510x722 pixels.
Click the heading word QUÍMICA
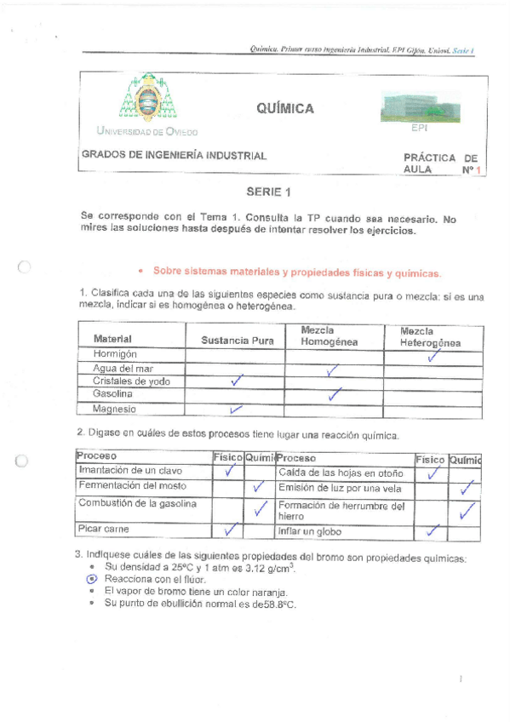pyautogui.click(x=284, y=108)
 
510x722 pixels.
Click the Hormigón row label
pyautogui.click(x=117, y=353)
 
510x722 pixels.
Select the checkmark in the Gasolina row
pyautogui.click(x=335, y=393)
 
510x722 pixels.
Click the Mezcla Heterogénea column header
pyautogui.click(x=430, y=336)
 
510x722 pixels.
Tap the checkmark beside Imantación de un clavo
pyautogui.click(x=228, y=470)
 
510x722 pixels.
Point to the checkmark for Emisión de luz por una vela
pyautogui.click(x=465, y=489)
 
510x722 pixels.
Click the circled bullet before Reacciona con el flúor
pyautogui.click(x=93, y=578)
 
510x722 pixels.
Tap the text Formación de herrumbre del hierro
pyautogui.click(x=341, y=511)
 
